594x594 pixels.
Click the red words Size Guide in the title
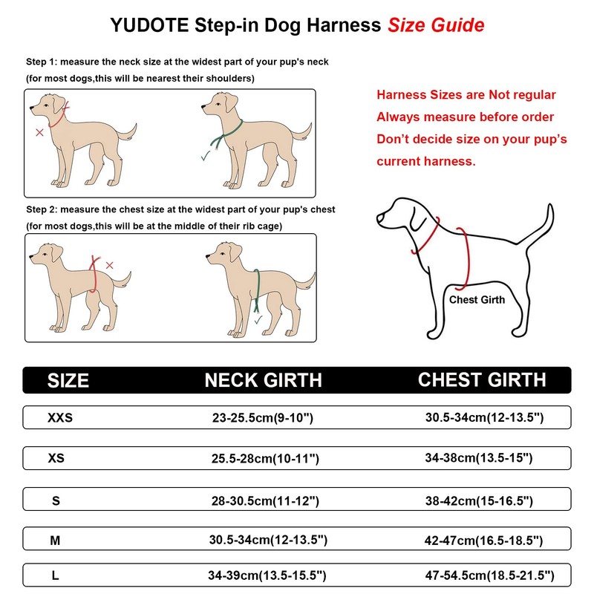(436, 25)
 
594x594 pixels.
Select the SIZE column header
(68, 381)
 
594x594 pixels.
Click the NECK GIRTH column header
(264, 381)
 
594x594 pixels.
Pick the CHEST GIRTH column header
(482, 380)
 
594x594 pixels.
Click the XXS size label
(60, 418)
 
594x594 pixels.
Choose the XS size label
(56, 458)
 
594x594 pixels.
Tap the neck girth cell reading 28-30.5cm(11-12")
(265, 501)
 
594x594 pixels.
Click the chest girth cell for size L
(489, 575)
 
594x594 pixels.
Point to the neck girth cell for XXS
(263, 418)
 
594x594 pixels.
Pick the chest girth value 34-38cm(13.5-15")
(479, 458)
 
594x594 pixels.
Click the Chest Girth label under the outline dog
(477, 300)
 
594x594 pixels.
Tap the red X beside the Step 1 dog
(39, 132)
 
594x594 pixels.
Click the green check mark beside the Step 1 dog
(204, 157)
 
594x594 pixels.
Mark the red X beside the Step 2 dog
(109, 265)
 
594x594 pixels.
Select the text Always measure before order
(465, 117)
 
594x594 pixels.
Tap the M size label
(55, 541)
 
